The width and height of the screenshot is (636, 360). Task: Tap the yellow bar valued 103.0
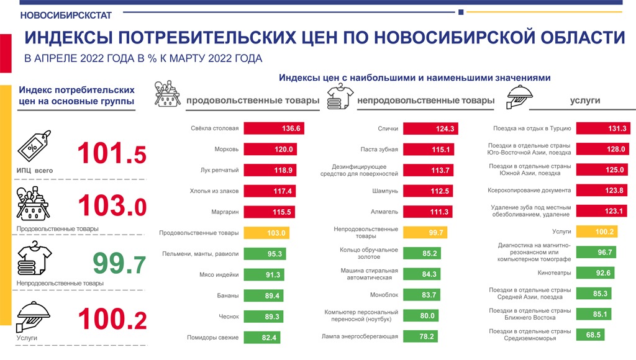pyautogui.click(x=267, y=233)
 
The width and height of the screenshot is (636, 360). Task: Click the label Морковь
pyautogui.click(x=226, y=149)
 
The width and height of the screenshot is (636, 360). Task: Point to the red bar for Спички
pyautogui.click(x=430, y=128)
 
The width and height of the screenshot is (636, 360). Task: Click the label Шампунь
pyautogui.click(x=384, y=191)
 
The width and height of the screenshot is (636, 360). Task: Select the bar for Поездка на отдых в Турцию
pyautogui.click(x=603, y=128)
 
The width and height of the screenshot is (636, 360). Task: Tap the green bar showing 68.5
pyautogui.click(x=590, y=335)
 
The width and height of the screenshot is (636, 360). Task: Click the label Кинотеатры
pyautogui.click(x=554, y=272)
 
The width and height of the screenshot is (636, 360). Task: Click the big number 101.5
pyautogui.click(x=112, y=153)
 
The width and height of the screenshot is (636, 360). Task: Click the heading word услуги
pyautogui.click(x=584, y=101)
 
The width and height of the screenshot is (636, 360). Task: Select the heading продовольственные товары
pyautogui.click(x=253, y=101)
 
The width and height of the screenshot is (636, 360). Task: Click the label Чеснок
pyautogui.click(x=229, y=317)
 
